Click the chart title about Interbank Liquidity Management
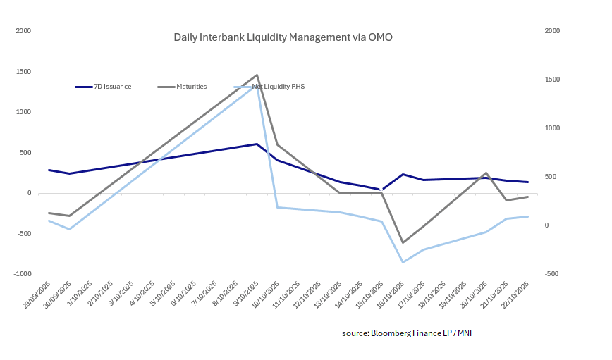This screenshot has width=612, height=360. coord(283,37)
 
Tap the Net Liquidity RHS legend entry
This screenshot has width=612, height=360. coord(279,87)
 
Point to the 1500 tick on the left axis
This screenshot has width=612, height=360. coord(24,72)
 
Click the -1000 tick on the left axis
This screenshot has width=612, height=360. coord(23,274)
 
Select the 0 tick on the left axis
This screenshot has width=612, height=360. coord(29,193)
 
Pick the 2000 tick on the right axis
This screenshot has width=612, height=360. coord(552,31)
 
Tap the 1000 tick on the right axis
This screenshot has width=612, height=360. coord(552,128)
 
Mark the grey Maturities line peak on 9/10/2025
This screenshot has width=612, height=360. coord(257,75)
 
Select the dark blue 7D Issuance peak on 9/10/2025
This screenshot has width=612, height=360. coord(257,144)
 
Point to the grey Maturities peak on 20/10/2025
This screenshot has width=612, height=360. coord(486,173)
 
